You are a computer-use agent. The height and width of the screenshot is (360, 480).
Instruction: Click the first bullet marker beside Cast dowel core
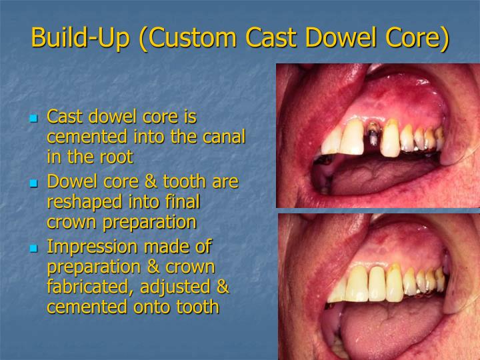[35, 119]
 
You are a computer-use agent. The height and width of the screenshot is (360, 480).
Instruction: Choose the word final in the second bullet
[182, 202]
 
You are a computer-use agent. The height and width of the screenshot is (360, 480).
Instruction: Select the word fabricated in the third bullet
[85, 287]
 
